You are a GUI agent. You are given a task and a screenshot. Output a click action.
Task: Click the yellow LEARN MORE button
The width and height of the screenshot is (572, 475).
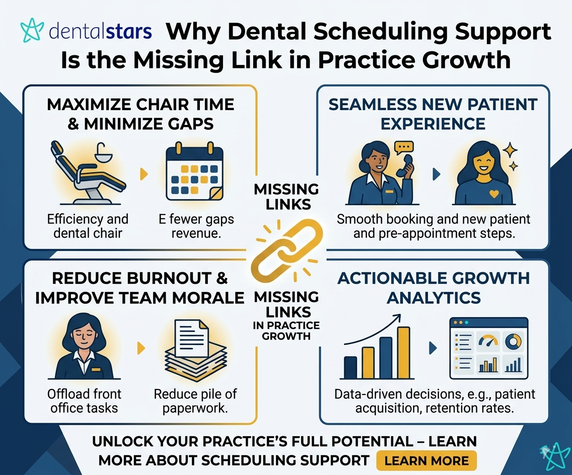426,460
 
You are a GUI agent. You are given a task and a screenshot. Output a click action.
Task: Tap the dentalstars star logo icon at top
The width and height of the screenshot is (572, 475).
32,31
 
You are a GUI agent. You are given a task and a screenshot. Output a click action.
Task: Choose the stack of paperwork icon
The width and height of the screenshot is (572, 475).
193,350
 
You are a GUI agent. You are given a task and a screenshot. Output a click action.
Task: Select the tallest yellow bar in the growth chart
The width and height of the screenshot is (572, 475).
403,352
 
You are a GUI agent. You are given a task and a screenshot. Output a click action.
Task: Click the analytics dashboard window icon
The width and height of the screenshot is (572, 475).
488,348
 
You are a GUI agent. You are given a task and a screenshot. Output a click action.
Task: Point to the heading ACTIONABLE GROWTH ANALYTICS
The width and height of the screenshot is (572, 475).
434,287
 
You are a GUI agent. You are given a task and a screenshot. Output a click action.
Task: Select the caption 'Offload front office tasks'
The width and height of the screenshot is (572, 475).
85,400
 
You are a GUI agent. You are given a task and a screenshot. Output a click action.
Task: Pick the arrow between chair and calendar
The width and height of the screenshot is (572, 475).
144,174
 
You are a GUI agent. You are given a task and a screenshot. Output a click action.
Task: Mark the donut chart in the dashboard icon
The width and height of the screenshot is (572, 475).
513,342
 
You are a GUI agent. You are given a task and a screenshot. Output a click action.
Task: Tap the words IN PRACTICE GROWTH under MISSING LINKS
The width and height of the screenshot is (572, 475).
286,330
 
